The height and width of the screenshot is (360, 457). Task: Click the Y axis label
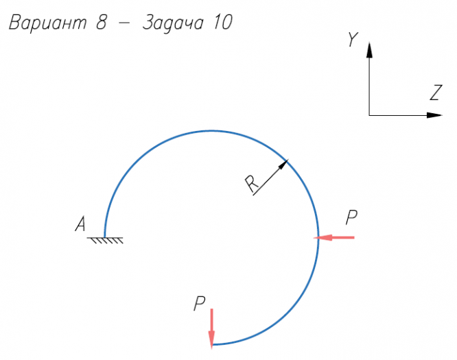tap(352, 40)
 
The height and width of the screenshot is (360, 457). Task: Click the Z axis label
tap(434, 93)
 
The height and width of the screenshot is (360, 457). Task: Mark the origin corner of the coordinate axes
tap(369, 115)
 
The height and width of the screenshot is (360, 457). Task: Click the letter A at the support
tap(80, 224)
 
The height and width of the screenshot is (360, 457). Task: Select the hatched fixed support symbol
tap(105, 240)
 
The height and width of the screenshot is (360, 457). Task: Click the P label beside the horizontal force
tap(351, 218)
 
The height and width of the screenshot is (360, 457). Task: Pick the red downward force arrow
tap(212, 326)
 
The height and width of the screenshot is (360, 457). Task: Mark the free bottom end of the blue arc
tap(212, 344)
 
